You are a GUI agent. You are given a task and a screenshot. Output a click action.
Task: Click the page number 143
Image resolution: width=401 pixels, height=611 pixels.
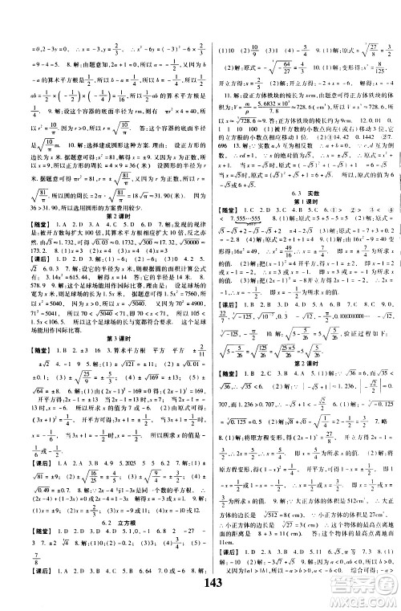coord(200,585)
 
